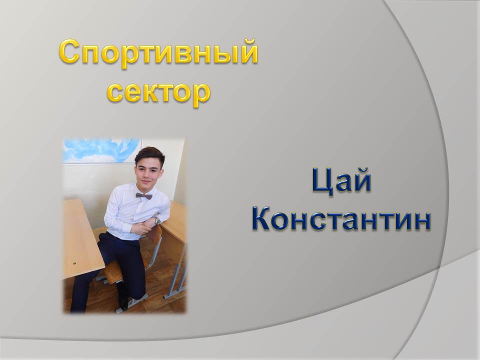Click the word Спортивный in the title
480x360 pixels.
(158, 53)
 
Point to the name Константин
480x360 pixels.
(341, 219)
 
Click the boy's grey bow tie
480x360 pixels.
(144, 196)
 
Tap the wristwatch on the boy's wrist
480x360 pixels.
(157, 220)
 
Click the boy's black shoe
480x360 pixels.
(123, 303)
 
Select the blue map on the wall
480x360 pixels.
(101, 150)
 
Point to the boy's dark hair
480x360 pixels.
(149, 154)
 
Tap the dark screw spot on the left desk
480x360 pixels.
(74, 263)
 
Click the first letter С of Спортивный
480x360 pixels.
(70, 52)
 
